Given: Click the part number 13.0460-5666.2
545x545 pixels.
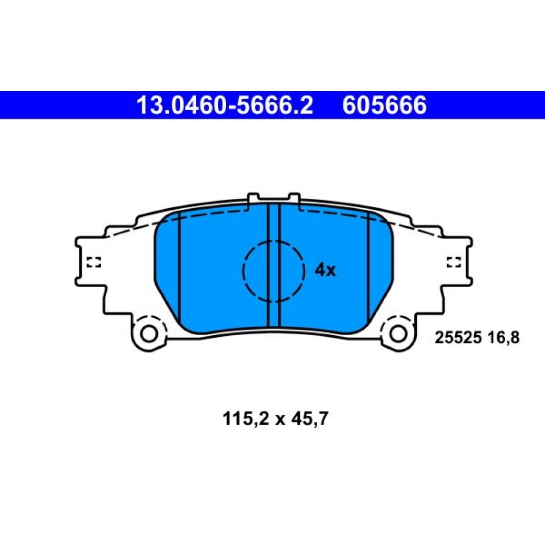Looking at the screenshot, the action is [225, 105].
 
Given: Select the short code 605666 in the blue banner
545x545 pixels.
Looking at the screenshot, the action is [384, 105].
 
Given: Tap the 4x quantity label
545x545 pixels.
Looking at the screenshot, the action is [325, 270].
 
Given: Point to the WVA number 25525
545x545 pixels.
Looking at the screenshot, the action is [458, 337].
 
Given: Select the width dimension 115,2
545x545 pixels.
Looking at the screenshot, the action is [246, 419].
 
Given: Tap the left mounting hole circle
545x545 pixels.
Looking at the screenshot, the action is [149, 334].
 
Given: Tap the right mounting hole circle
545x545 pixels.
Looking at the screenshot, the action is [398, 334].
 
